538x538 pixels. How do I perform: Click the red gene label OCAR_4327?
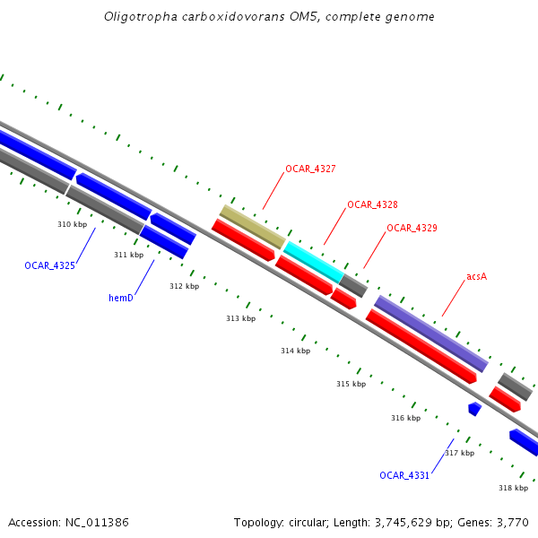[310, 169]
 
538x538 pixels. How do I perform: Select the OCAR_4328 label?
[372, 204]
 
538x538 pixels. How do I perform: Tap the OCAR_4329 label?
[412, 228]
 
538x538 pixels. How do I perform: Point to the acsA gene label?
[476, 276]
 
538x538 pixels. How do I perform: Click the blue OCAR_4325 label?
[49, 265]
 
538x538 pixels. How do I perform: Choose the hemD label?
[121, 297]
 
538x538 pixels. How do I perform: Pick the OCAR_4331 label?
[404, 475]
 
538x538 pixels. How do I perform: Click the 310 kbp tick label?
[72, 224]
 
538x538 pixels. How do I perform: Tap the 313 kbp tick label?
[240, 318]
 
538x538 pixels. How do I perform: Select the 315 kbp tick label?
[351, 384]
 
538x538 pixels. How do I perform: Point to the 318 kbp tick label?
[513, 488]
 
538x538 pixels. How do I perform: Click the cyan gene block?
[313, 261]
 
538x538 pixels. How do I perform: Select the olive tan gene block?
[252, 226]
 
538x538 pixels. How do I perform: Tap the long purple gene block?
[430, 333]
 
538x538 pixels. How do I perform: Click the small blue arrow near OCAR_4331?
[474, 409]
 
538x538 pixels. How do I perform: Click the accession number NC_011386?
[97, 522]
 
